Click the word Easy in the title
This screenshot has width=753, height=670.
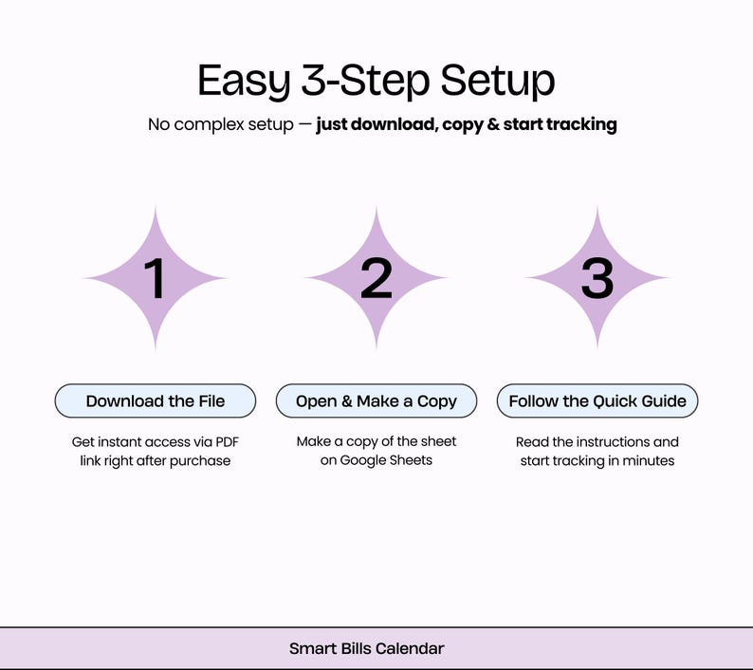(243, 81)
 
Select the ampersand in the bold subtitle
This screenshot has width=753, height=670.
(493, 124)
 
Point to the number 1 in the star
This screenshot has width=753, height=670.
(155, 279)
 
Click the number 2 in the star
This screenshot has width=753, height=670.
(376, 279)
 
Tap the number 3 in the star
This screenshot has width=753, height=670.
(597, 279)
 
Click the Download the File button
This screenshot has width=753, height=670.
(156, 400)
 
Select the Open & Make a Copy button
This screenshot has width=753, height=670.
(376, 400)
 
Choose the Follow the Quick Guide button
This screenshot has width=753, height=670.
(597, 400)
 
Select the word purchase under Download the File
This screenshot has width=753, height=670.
(199, 461)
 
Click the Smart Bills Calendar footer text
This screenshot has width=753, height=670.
(367, 649)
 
